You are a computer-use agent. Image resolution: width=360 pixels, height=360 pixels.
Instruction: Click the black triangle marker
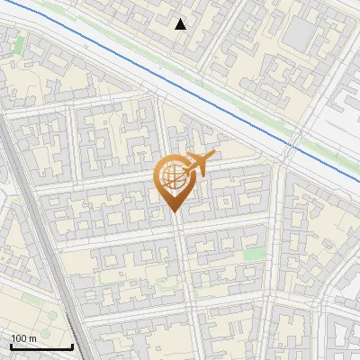pyautogui.click(x=181, y=24)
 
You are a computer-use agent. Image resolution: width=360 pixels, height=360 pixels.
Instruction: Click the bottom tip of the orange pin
pyautogui.click(x=173, y=212)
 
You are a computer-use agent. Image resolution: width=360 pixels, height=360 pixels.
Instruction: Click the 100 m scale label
pyautogui.click(x=23, y=337)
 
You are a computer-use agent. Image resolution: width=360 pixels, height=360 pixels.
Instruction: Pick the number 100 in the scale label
pyautogui.click(x=19, y=337)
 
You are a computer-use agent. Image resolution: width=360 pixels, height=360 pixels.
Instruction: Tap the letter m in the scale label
pyautogui.click(x=32, y=337)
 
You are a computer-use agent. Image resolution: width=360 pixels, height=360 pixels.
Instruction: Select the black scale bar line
pyautogui.click(x=40, y=346)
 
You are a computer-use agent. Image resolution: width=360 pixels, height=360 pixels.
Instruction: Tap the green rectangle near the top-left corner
pyautogui.click(x=19, y=43)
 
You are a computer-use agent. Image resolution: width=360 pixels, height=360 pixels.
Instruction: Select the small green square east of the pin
pyautogui.click(x=255, y=255)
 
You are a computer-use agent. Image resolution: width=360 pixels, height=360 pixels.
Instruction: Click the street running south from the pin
pyautogui.click(x=183, y=270)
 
